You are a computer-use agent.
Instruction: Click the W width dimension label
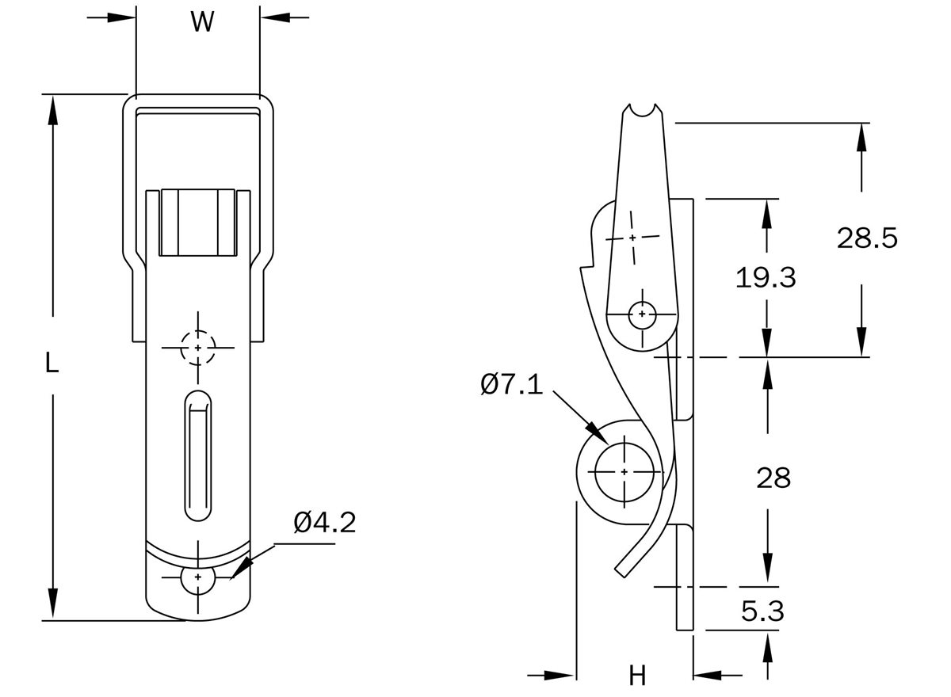[x=202, y=23]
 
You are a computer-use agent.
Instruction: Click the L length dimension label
[x=51, y=364]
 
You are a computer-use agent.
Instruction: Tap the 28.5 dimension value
[x=867, y=238]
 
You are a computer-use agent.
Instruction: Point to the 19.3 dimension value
[x=765, y=277]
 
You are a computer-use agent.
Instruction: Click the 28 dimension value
[x=773, y=478]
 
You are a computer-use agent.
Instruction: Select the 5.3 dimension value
[x=763, y=611]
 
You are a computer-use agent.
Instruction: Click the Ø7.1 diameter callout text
[x=511, y=386]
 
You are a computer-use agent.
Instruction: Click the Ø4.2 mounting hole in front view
[x=197, y=579]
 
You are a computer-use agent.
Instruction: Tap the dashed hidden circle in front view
[x=197, y=348]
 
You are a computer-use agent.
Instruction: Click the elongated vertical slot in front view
[x=198, y=455]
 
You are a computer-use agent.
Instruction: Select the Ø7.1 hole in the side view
[x=624, y=472]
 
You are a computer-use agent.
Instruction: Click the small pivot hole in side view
[x=641, y=314]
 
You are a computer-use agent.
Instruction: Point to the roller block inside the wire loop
[x=197, y=223]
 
